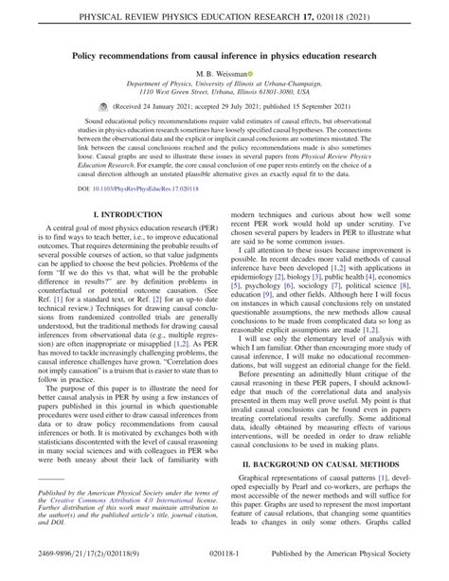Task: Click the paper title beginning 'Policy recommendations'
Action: point(224,57)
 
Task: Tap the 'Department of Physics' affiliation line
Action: point(224,84)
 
